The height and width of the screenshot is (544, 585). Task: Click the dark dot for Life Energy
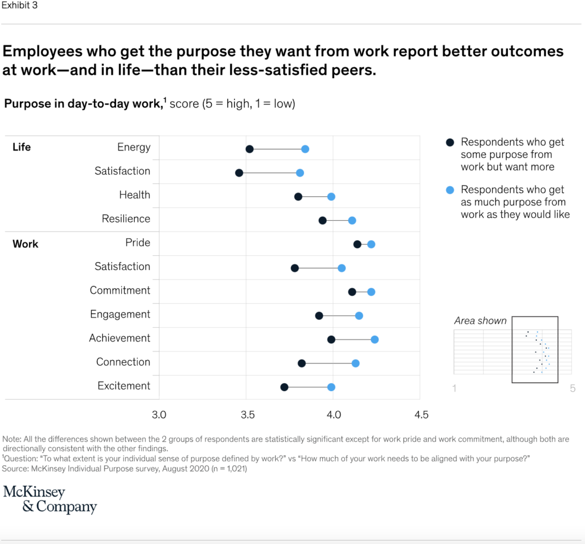pos(250,149)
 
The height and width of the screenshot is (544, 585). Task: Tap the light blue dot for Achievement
pos(375,340)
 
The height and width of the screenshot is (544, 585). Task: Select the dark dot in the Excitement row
pos(285,387)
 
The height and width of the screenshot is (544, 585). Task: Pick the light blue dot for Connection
pos(355,363)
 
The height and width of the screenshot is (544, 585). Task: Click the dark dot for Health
pos(298,196)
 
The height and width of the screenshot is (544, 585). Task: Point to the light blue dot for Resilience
pos(352,220)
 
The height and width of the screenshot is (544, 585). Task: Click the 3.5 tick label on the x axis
pos(247,414)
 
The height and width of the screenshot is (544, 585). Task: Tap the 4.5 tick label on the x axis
pos(421,414)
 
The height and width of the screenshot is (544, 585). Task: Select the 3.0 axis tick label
pos(159,414)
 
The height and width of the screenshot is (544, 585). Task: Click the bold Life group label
pos(22,147)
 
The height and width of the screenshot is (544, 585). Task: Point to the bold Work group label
pos(25,244)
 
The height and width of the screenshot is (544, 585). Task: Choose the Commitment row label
pos(120,291)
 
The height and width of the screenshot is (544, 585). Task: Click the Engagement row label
pos(120,315)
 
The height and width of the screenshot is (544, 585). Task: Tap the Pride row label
pos(138,243)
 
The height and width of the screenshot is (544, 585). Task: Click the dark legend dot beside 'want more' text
pos(450,142)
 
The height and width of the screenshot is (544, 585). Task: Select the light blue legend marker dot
pos(450,190)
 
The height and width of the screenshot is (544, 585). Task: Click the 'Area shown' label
pos(480,321)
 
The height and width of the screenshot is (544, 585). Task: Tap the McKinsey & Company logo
pos(50,499)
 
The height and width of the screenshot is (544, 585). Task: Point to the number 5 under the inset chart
pos(572,389)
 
